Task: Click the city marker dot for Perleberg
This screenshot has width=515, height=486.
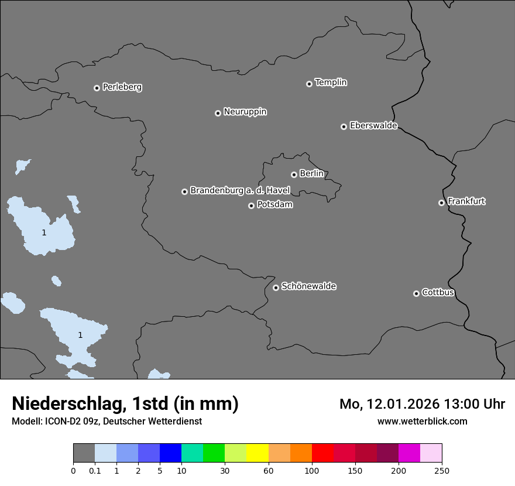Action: tap(97, 88)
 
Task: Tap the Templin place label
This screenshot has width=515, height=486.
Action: tap(331, 83)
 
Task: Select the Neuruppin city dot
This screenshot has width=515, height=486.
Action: tap(218, 113)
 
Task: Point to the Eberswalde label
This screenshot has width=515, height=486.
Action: tap(373, 126)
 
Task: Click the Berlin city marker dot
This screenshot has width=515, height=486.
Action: tap(294, 174)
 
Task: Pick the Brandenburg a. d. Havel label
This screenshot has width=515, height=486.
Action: tap(240, 191)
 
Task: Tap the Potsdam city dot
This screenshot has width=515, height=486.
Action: tap(251, 206)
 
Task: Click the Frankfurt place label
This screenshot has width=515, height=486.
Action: tap(466, 201)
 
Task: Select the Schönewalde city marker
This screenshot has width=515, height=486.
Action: tap(276, 288)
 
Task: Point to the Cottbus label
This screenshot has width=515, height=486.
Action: tap(438, 292)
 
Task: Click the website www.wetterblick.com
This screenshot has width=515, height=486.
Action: tap(422, 421)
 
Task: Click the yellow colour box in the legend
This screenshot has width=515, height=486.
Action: tap(257, 453)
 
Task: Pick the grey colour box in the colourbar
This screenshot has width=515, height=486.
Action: tap(84, 453)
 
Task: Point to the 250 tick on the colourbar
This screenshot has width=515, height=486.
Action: tap(442, 470)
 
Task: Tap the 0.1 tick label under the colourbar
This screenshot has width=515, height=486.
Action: tap(95, 470)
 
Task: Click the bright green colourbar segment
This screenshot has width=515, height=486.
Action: tap(214, 453)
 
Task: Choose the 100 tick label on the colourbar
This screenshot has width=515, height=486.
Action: tap(312, 470)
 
